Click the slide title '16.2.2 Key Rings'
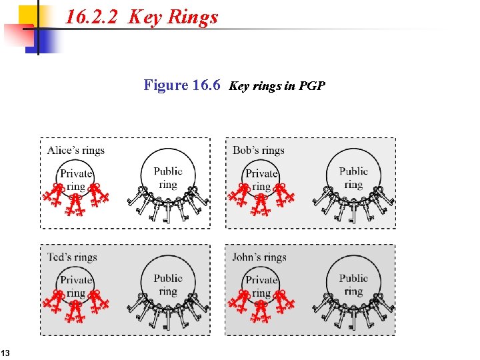tap(142, 17)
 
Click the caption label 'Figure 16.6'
tap(182, 85)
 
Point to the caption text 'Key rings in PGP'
tap(277, 86)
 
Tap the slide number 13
tap(5, 352)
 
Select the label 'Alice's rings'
tap(75, 150)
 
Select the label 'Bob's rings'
tap(259, 150)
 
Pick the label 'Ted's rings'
tap(72, 257)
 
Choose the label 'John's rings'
tap(259, 257)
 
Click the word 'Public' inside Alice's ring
tap(168, 171)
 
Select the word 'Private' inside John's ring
tap(261, 280)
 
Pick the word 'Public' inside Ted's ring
tap(168, 278)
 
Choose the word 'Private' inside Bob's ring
tap(261, 174)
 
